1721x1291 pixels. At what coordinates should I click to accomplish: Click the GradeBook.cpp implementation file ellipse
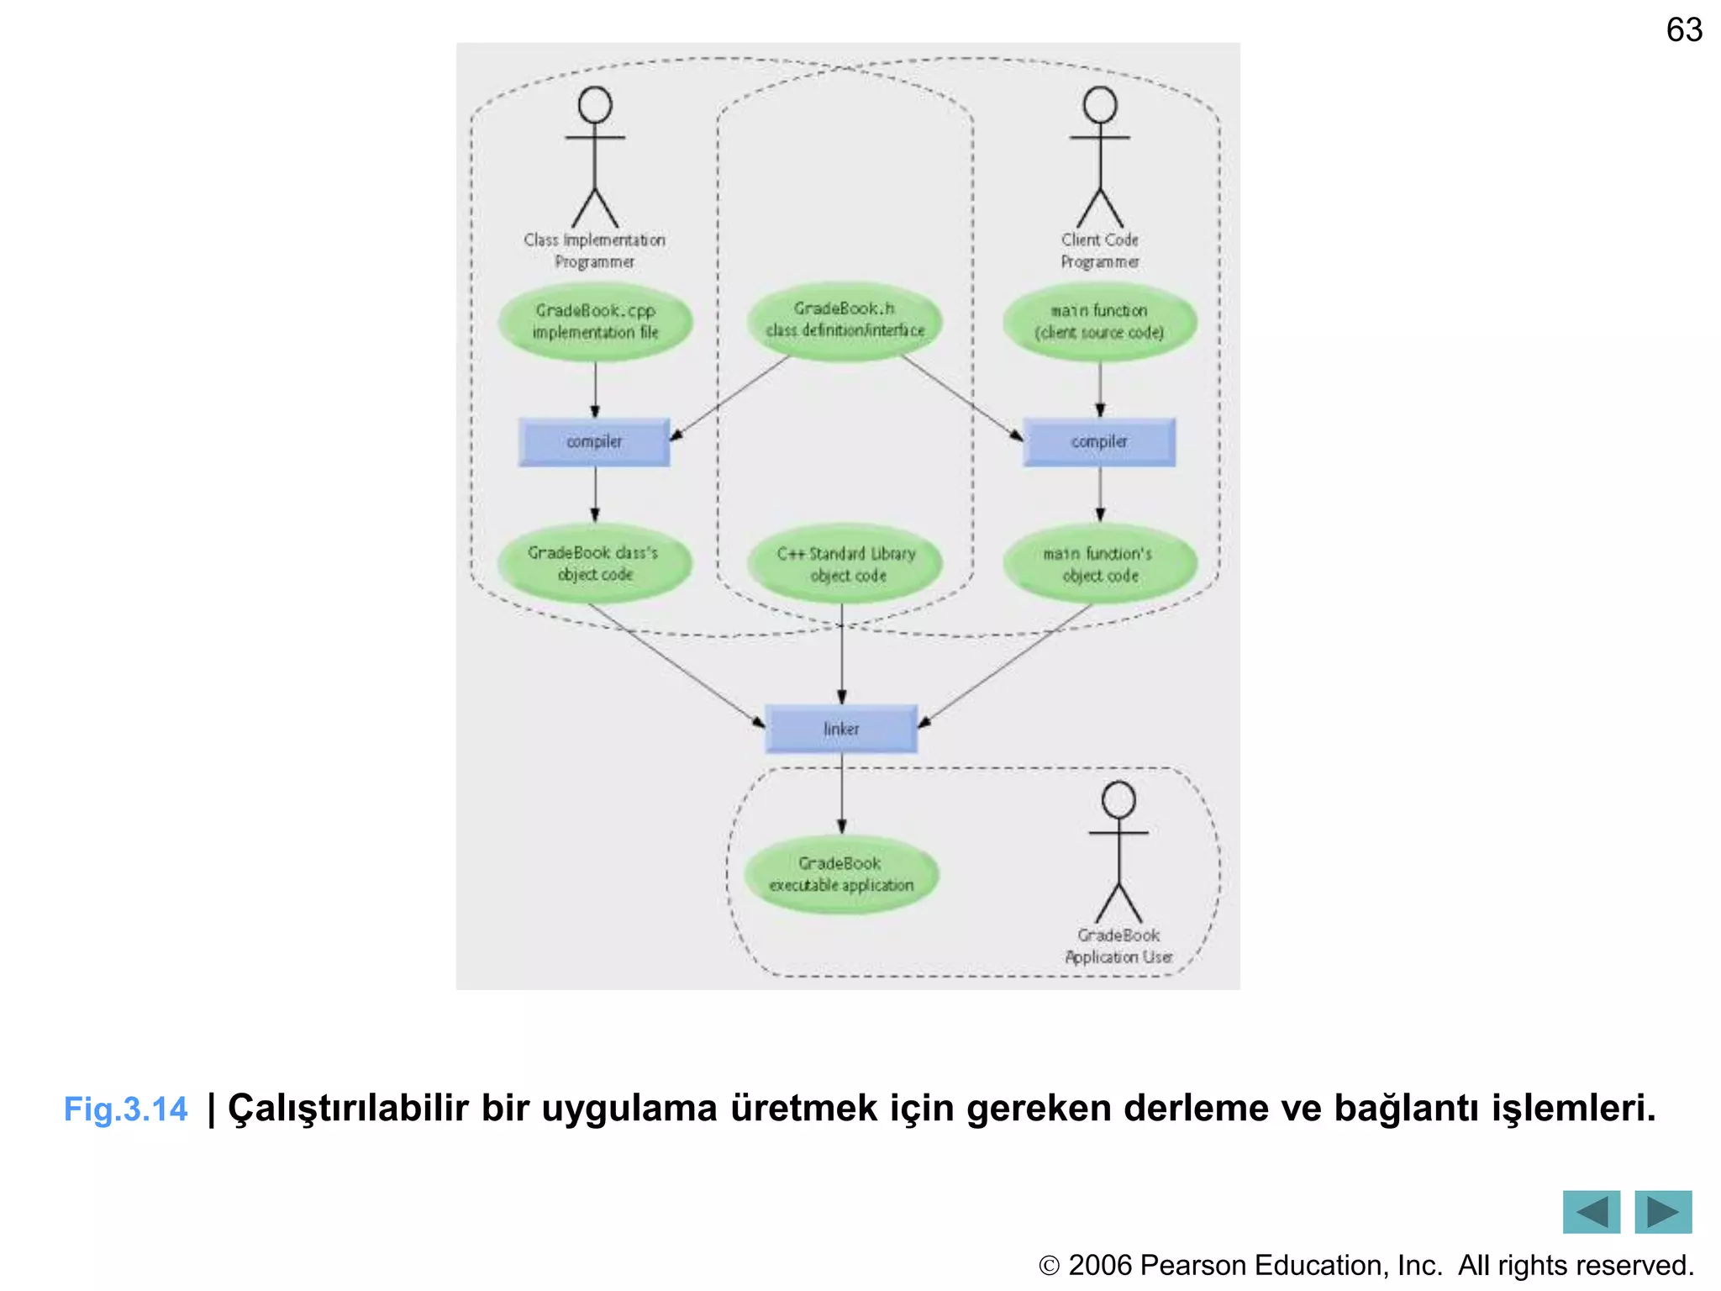click(x=595, y=322)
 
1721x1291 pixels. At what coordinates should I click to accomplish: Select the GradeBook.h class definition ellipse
click(x=845, y=320)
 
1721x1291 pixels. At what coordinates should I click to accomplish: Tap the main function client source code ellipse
click(x=1099, y=322)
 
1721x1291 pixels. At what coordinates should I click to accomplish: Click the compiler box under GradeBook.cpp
click(x=594, y=442)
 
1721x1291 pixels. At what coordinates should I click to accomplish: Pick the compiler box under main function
click(x=1099, y=442)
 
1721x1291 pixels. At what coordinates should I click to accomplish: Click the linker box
click(x=841, y=729)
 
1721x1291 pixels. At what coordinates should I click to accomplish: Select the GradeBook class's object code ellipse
click(x=594, y=564)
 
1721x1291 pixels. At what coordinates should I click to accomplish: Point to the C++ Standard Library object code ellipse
click(x=845, y=565)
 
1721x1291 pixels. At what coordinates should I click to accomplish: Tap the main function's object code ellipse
click(x=1099, y=565)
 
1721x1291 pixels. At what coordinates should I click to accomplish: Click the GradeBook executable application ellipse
click(x=841, y=874)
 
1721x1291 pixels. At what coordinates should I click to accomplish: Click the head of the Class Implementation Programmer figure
click(x=595, y=105)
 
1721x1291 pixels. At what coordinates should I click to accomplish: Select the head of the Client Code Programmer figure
click(x=1100, y=105)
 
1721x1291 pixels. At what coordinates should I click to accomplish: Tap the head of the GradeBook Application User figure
click(x=1118, y=799)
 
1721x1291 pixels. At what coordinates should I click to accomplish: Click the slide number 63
click(x=1684, y=30)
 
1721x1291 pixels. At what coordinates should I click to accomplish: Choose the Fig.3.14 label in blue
click(x=126, y=1109)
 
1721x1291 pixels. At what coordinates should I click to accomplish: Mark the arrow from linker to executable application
click(x=841, y=794)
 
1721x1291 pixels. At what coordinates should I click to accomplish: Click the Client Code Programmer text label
click(x=1099, y=250)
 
